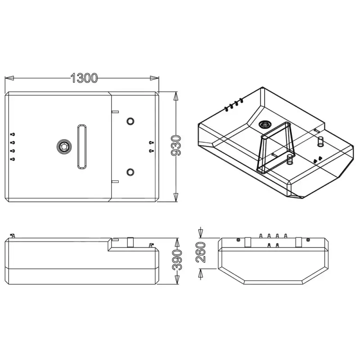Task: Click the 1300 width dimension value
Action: [84, 78]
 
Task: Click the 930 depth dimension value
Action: [176, 146]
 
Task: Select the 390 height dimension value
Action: [177, 260]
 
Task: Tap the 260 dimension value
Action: [200, 252]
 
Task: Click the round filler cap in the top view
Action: [64, 147]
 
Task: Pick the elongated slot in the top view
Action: [82, 147]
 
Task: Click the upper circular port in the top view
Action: [130, 121]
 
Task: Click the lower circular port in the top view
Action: [130, 172]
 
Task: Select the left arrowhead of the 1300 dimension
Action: [9, 78]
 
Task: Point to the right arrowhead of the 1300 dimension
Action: [154, 78]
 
